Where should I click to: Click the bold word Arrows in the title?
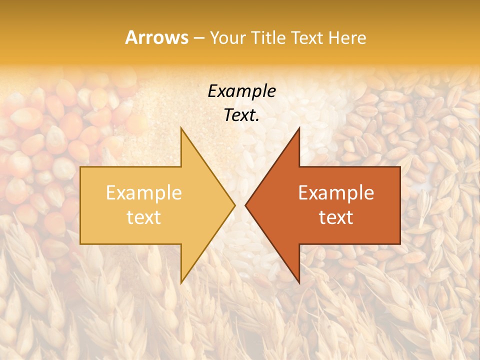pyautogui.click(x=156, y=37)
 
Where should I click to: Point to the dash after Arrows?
pyautogui.click(x=198, y=38)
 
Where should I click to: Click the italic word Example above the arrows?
pyautogui.click(x=241, y=91)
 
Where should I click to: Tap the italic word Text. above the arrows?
pyautogui.click(x=241, y=115)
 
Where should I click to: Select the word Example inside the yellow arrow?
pyautogui.click(x=143, y=193)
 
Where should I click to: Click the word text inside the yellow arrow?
pyautogui.click(x=143, y=217)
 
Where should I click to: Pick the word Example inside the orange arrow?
pyautogui.click(x=336, y=193)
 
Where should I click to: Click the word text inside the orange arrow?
pyautogui.click(x=336, y=217)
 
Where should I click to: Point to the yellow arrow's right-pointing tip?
pyautogui.click(x=234, y=205)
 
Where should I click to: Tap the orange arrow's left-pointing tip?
pyautogui.click(x=246, y=205)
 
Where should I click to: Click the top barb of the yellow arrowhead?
pyautogui.click(x=181, y=128)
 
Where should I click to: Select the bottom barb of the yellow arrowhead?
pyautogui.click(x=181, y=282)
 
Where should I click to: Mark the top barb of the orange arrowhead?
pyautogui.click(x=298, y=128)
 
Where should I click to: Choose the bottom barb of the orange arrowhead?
pyautogui.click(x=298, y=282)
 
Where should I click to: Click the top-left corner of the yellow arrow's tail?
pyautogui.click(x=81, y=167)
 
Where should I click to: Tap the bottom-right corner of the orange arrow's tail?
pyautogui.click(x=399, y=243)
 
